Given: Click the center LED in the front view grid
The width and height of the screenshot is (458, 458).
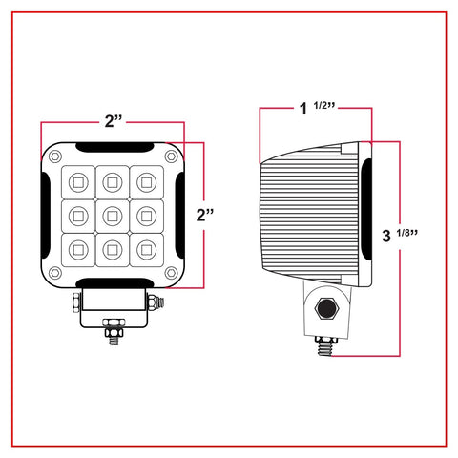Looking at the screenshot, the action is (x=113, y=217).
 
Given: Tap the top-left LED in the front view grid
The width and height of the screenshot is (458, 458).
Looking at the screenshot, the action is (x=78, y=182).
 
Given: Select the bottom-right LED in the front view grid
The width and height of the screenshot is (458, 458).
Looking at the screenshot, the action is (x=146, y=250).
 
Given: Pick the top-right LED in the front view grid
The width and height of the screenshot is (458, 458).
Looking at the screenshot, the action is (x=146, y=182).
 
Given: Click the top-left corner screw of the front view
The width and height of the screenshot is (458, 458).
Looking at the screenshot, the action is (x=55, y=156).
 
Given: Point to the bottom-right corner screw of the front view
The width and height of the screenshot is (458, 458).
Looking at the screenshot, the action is (x=171, y=272).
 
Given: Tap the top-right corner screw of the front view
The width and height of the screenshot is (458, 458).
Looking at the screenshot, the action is (x=171, y=156).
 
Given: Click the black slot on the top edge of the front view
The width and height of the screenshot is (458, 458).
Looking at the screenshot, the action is (x=114, y=147).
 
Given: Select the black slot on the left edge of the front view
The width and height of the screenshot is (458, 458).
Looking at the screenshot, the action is (x=46, y=216).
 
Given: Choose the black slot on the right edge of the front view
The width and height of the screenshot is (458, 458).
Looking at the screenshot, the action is (x=180, y=216).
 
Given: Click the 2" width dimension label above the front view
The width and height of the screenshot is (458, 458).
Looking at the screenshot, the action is (x=114, y=121).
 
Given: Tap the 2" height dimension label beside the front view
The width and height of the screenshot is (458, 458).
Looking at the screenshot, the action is (x=205, y=215).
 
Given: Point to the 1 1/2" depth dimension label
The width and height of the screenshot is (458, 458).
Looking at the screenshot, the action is (x=318, y=108).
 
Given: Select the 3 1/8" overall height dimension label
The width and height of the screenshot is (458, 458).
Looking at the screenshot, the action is (x=400, y=235).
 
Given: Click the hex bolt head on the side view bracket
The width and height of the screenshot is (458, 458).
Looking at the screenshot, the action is (x=326, y=308).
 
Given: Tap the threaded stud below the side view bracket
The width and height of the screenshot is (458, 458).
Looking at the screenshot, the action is (x=325, y=346).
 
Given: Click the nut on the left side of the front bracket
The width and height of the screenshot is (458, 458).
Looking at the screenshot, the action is (x=76, y=302).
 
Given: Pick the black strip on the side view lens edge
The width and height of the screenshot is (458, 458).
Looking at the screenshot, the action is (x=367, y=209).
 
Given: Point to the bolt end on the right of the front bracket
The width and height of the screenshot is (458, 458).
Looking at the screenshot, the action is (x=156, y=302).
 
